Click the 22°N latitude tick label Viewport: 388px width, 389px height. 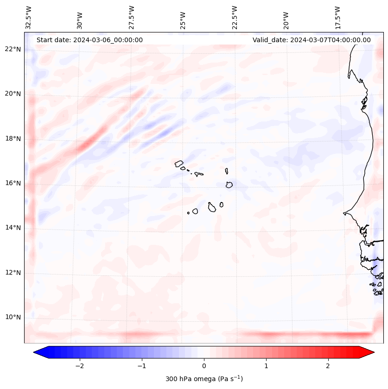pyautogui.click(x=13, y=49)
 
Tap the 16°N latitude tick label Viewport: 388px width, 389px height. pyautogui.click(x=13, y=183)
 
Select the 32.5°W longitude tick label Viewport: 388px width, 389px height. pyautogui.click(x=29, y=17)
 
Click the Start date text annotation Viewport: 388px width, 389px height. pyautogui.click(x=89, y=40)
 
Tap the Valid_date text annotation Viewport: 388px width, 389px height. pyautogui.click(x=312, y=40)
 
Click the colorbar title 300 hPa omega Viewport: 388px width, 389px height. pyautogui.click(x=204, y=379)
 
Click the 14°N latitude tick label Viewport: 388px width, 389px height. pyautogui.click(x=13, y=228)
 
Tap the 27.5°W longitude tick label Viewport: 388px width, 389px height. pyautogui.click(x=132, y=17)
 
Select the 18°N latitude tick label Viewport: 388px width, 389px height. pyautogui.click(x=13, y=139)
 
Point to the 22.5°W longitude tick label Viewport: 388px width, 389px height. pyautogui.click(x=234, y=17)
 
